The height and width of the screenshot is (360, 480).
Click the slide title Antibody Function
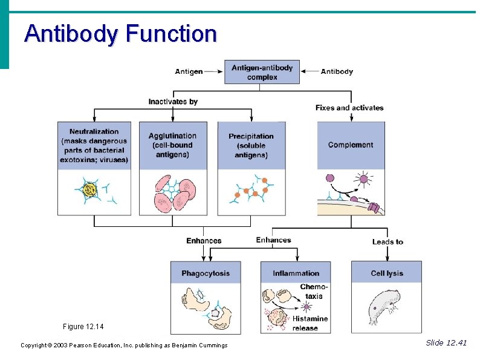[120, 34]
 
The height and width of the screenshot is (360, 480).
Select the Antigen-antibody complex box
[262, 72]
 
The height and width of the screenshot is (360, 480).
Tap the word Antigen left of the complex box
[189, 71]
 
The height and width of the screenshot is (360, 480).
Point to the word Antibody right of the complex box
[337, 71]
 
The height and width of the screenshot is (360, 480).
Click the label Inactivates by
[173, 102]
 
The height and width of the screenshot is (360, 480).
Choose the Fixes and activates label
[349, 108]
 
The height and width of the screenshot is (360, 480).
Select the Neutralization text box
[94, 146]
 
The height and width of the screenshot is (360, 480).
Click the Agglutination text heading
[172, 145]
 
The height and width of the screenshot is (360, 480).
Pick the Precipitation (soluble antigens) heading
[251, 146]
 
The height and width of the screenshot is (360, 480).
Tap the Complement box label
[351, 145]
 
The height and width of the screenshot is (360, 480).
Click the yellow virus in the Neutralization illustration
[90, 191]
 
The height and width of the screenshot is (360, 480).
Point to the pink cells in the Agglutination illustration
[172, 192]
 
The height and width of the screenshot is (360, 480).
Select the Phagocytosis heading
[206, 273]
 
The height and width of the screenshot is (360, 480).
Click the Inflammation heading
[296, 273]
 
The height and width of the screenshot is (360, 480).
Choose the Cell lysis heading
[386, 273]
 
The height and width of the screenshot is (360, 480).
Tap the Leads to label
[388, 242]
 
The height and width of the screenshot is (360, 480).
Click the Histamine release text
[310, 323]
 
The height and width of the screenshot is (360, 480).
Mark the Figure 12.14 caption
[83, 327]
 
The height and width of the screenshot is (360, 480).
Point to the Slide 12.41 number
[446, 343]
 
